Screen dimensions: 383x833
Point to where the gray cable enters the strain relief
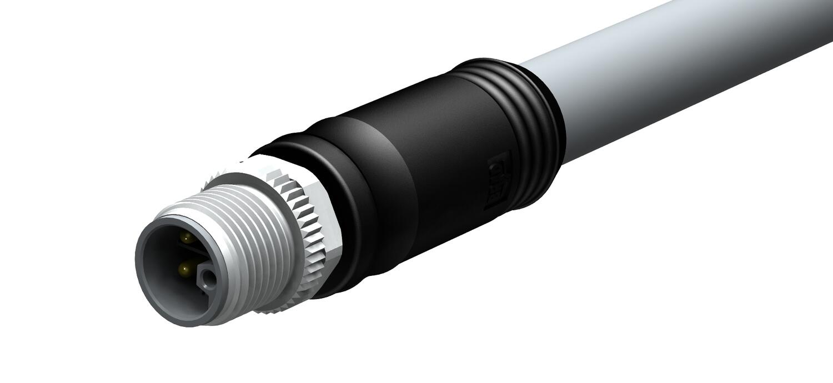(x=558, y=119)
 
